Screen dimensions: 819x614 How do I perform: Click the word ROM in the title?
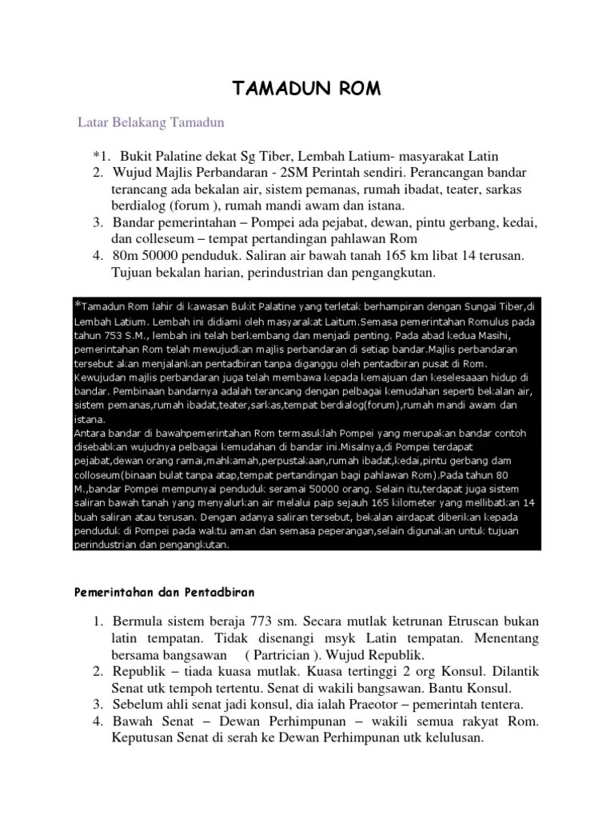(353, 87)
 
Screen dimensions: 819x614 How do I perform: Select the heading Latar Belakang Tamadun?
(151, 122)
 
